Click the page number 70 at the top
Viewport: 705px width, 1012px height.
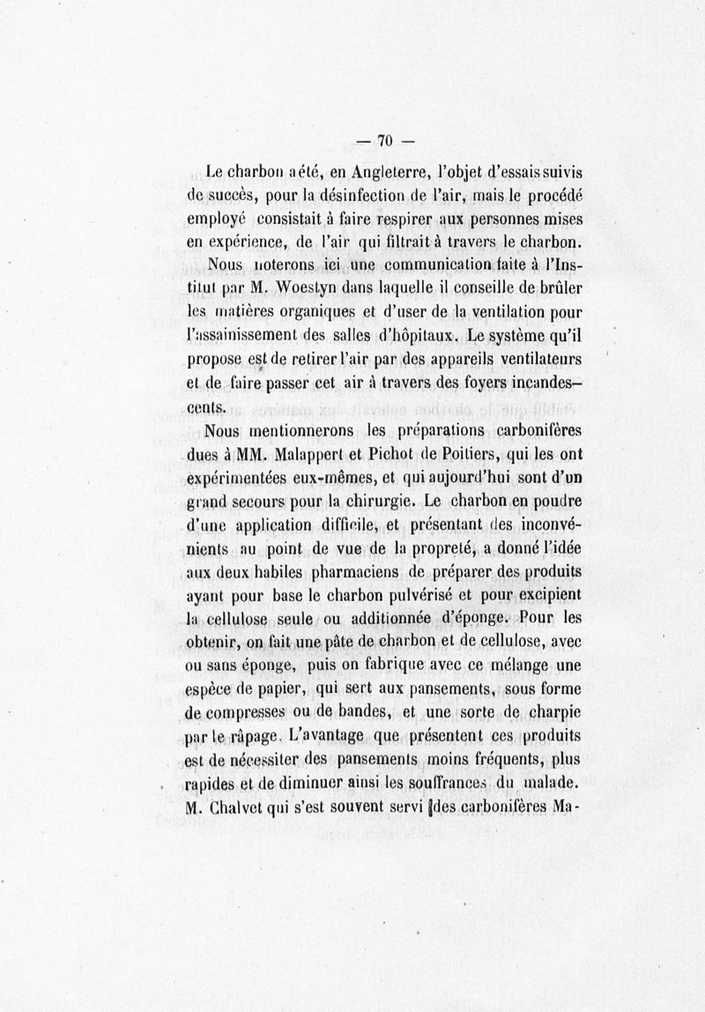(384, 139)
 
